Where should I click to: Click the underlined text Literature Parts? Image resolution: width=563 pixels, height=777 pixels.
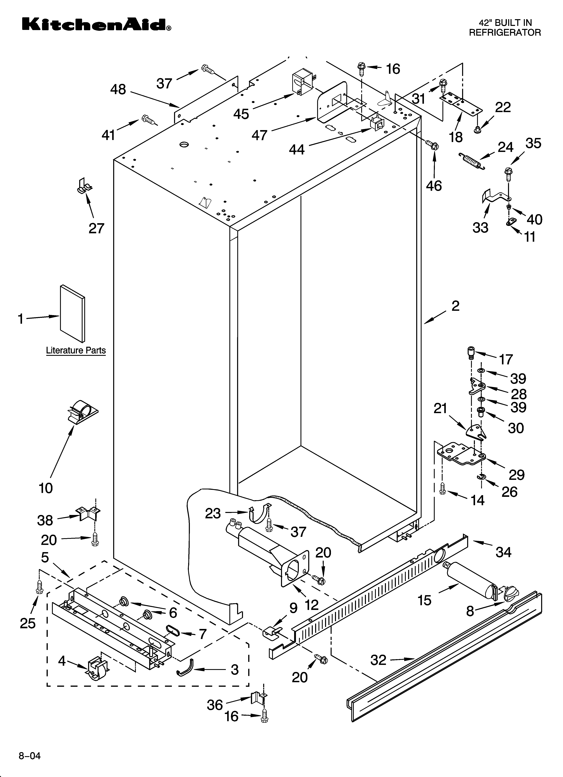(x=76, y=350)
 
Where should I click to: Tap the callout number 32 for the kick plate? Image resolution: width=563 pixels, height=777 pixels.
(x=378, y=660)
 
